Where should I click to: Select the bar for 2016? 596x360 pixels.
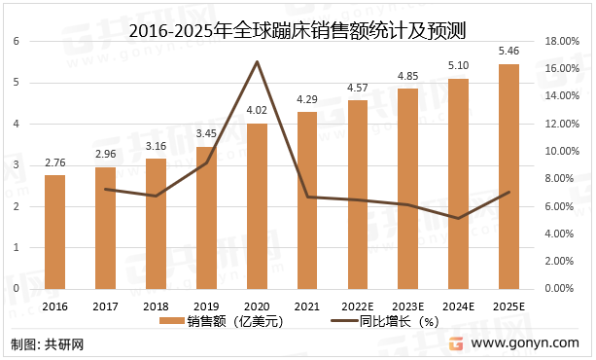point(55,232)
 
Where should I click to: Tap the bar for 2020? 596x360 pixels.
point(258,206)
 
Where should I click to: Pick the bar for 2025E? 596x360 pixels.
point(509,176)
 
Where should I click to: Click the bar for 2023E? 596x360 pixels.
point(408,189)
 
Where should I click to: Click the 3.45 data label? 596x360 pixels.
point(207,132)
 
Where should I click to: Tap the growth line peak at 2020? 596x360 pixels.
point(258,62)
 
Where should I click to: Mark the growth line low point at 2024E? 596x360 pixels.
point(459,218)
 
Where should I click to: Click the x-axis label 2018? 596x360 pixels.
point(157,306)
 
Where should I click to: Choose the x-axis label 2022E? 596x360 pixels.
point(358,306)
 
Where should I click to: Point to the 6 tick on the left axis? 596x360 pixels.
point(16,41)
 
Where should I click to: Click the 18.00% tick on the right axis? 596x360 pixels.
point(564,41)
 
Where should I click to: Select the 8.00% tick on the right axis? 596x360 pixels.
point(564,179)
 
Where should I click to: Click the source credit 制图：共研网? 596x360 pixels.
point(48,343)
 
